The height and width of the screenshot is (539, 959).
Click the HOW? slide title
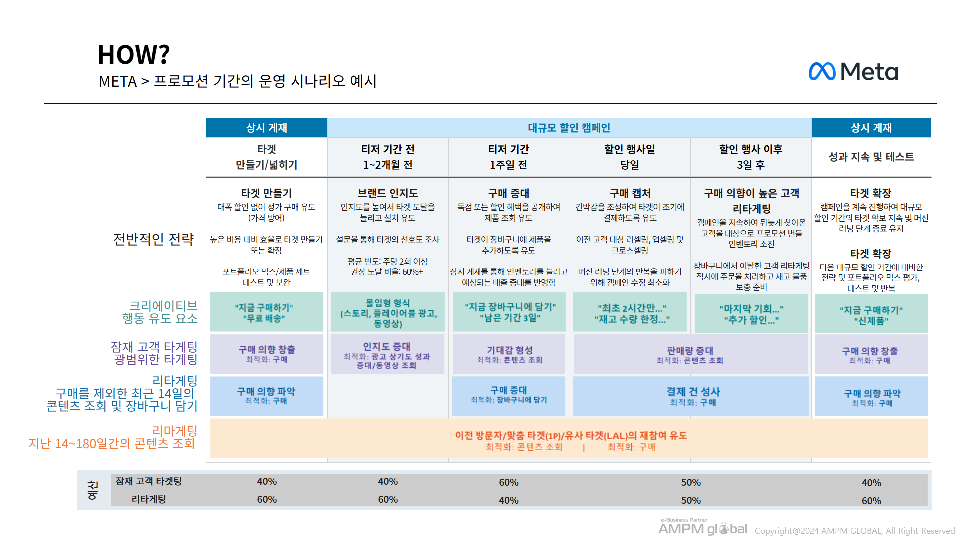tap(133, 55)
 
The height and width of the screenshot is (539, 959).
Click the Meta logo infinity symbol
tap(822, 72)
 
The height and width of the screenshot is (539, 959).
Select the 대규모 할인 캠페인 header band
tap(569, 128)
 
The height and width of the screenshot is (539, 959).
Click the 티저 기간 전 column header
tap(388, 157)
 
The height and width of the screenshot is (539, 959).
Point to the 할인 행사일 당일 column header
tap(629, 157)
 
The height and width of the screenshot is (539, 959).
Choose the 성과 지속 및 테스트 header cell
tap(871, 157)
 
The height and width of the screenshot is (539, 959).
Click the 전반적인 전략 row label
tap(153, 240)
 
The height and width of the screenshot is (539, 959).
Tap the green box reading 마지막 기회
tap(751, 314)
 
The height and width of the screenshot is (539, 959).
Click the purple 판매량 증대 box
tap(690, 355)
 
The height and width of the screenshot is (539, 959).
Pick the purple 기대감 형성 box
tap(509, 354)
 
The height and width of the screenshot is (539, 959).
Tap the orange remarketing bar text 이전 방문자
tap(570, 436)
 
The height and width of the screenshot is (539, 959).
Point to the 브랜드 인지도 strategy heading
tap(388, 193)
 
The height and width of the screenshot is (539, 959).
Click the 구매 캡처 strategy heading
tap(630, 193)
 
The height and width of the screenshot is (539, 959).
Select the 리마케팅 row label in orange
tap(174, 430)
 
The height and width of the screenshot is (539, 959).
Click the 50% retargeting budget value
tap(691, 500)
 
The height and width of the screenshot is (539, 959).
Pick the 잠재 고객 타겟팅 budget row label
tap(149, 481)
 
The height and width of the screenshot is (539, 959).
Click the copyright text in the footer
tap(854, 531)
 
